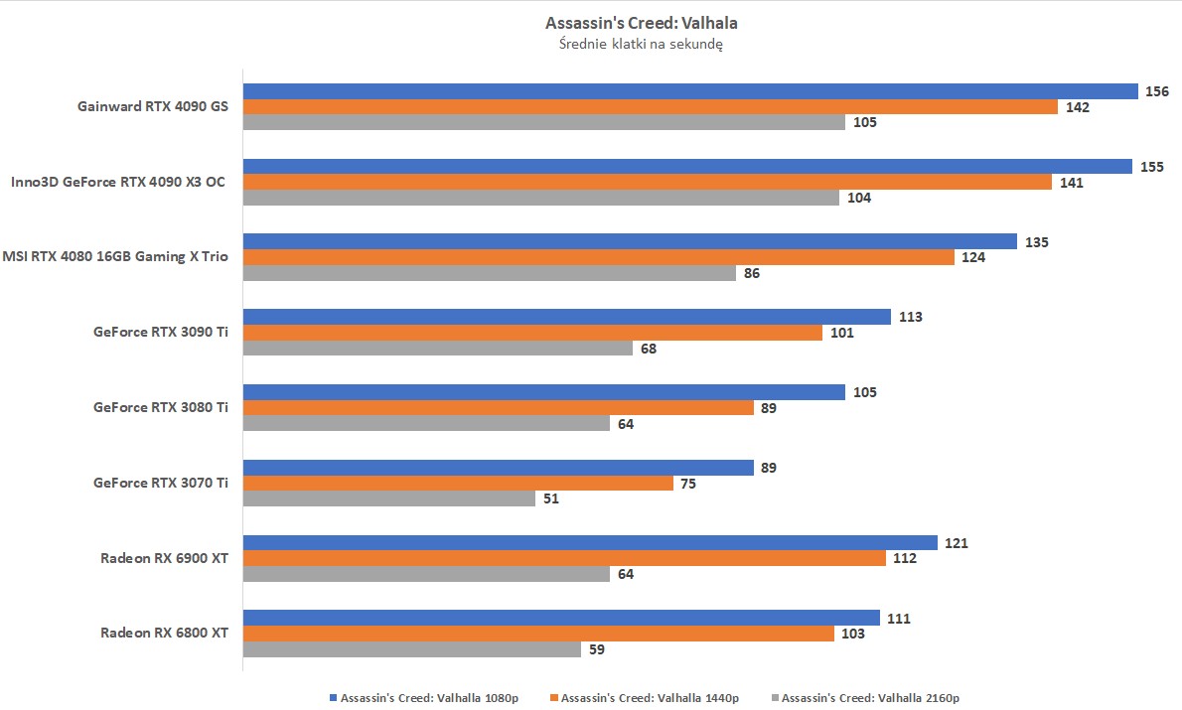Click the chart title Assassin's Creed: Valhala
[641, 22]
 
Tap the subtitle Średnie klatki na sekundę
[641, 44]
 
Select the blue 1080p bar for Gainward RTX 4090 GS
[690, 91]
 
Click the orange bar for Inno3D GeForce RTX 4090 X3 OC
[647, 182]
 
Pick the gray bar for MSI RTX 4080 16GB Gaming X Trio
[490, 273]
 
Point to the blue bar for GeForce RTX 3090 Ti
[566, 317]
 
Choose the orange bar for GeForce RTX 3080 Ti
[499, 408]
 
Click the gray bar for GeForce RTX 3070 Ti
[389, 498]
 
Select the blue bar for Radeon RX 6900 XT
[590, 543]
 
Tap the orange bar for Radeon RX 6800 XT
[538, 634]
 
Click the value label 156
[1156, 91]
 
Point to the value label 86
[752, 273]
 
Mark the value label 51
[550, 498]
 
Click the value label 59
[596, 649]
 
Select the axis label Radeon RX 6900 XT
[164, 558]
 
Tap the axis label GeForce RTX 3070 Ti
[161, 483]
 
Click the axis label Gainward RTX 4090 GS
[153, 106]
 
